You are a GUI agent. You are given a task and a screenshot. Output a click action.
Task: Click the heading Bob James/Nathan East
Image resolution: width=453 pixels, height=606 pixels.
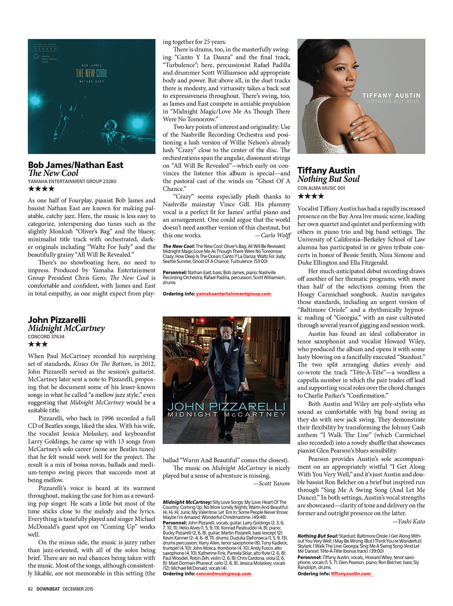click(x=76, y=165)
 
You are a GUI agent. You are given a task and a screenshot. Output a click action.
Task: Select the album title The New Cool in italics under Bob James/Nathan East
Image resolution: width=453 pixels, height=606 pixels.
click(x=53, y=173)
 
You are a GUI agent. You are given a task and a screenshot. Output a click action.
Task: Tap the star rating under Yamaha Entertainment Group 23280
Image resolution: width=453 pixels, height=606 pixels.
click(x=41, y=189)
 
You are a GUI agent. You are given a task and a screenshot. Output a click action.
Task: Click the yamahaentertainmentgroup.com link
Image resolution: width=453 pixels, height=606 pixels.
click(x=233, y=294)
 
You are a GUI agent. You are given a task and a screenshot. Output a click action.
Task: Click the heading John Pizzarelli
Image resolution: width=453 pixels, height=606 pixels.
click(x=57, y=320)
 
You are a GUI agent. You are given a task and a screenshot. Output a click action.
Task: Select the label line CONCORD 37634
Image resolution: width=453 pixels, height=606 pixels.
click(x=46, y=337)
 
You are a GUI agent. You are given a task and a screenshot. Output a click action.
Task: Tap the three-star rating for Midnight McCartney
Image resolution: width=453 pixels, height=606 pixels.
click(x=38, y=344)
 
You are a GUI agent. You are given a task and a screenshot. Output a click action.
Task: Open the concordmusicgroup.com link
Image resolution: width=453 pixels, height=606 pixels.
click(x=224, y=574)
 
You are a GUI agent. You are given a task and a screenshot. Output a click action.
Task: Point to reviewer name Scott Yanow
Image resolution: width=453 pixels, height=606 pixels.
click(x=275, y=483)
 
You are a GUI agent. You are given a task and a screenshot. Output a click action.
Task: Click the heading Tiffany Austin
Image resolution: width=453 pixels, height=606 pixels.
click(x=326, y=170)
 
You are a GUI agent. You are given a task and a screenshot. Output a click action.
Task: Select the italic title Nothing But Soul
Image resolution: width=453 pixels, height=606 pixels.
click(x=328, y=179)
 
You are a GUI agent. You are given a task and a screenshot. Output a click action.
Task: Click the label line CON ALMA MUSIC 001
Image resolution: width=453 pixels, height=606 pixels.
click(x=321, y=188)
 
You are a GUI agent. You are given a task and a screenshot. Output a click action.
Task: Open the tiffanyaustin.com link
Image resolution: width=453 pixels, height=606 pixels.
click(x=351, y=574)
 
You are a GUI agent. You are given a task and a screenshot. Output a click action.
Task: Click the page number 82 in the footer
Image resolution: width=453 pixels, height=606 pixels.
click(x=30, y=589)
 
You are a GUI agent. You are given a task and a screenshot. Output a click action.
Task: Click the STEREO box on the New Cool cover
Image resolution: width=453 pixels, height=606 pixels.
click(x=45, y=49)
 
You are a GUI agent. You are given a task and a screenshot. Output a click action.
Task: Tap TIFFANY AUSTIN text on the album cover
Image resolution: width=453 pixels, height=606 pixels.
click(x=391, y=96)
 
